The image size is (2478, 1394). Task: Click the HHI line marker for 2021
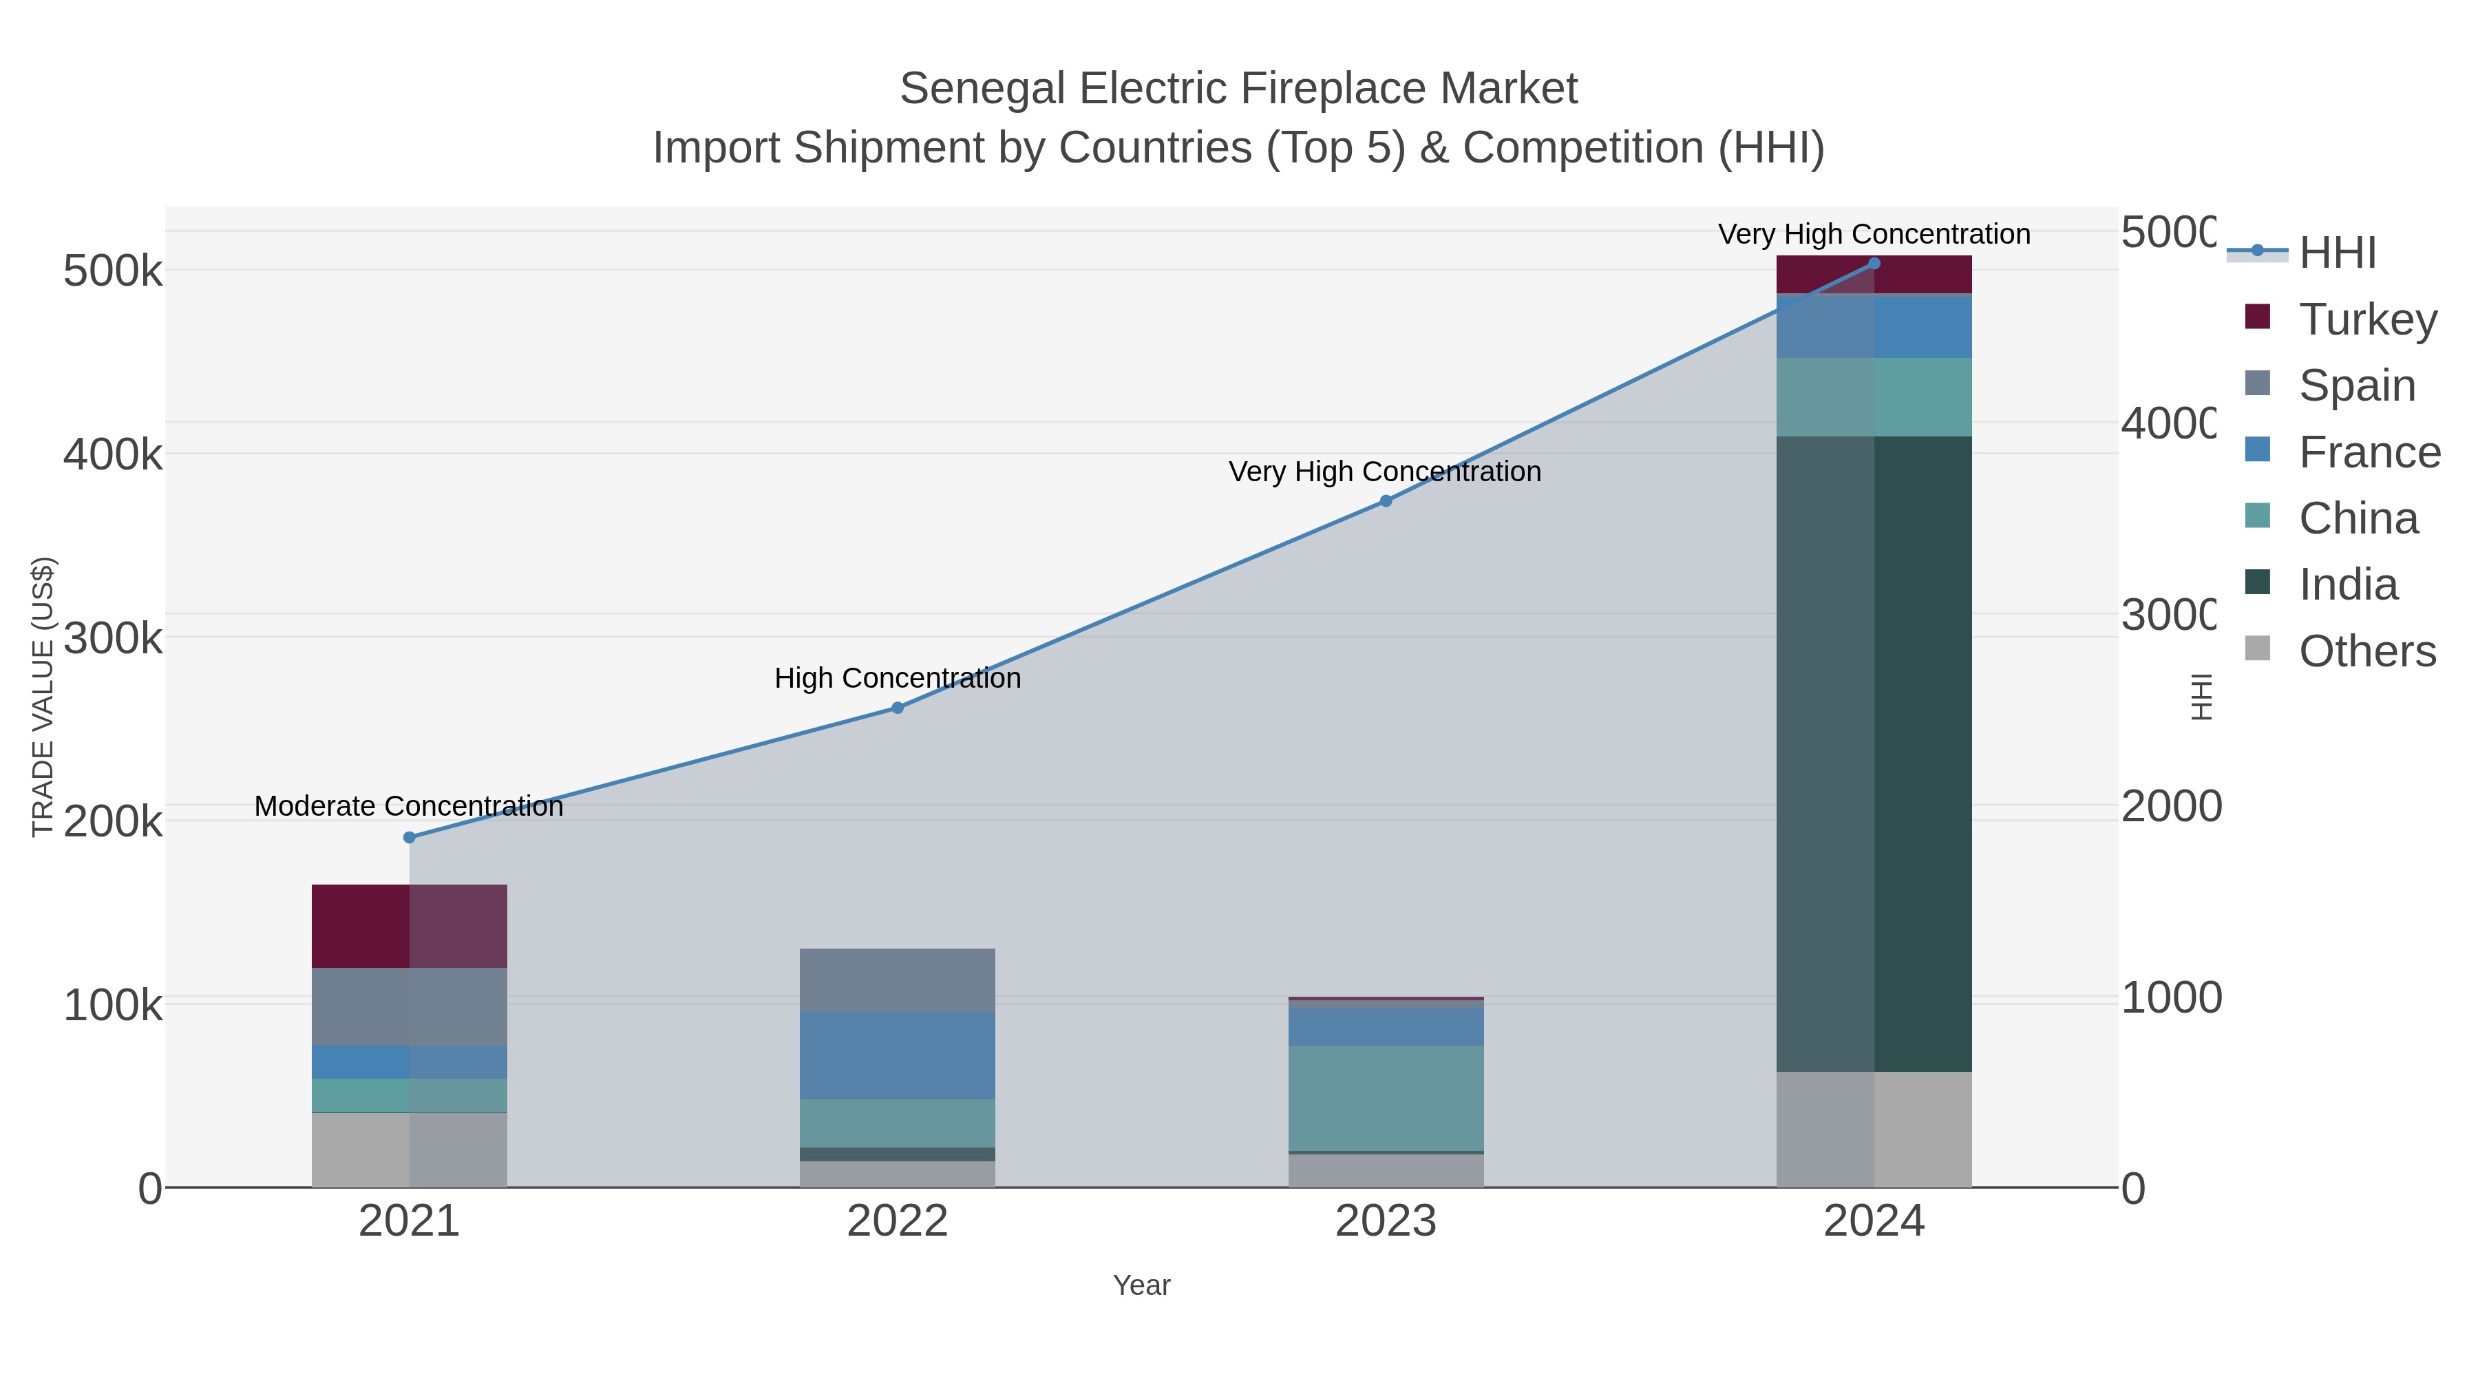[409, 837]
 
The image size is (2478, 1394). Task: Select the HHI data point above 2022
[898, 708]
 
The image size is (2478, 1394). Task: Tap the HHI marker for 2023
[1385, 501]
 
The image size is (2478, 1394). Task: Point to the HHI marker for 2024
[1874, 264]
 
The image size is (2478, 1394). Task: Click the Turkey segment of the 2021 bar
[409, 925]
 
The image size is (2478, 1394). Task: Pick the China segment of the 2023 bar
[1385, 1098]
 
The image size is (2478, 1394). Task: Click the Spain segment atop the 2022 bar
[898, 980]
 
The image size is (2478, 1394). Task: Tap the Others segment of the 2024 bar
[1874, 1130]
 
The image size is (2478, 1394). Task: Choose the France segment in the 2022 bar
[898, 1055]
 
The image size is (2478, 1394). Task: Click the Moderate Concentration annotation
[409, 806]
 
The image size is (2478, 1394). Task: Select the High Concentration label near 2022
[898, 678]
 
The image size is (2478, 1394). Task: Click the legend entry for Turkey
[2367, 319]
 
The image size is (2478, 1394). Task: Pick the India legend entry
[2348, 585]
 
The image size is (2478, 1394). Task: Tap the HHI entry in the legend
[2338, 253]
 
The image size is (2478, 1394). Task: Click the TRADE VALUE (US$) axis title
[43, 697]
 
